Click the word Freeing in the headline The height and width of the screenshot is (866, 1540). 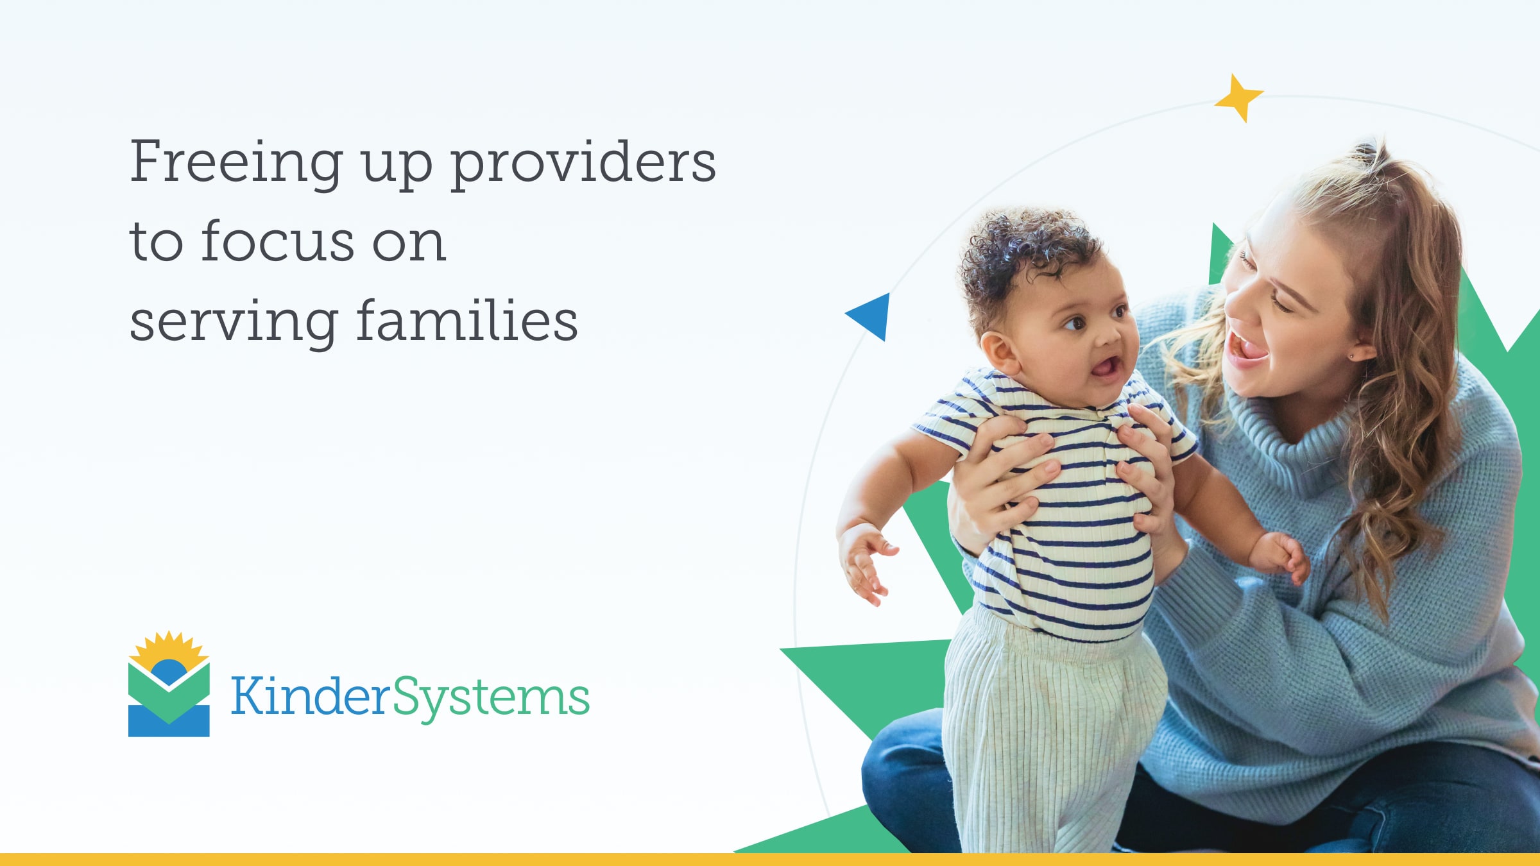236,163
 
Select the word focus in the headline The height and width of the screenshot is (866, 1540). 277,242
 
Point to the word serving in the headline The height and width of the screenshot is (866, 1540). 234,322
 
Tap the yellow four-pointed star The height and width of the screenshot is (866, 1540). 1238,98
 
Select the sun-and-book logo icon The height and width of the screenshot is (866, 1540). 169,685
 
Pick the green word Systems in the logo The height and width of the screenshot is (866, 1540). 490,698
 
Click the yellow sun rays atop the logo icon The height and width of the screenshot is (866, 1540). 169,647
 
